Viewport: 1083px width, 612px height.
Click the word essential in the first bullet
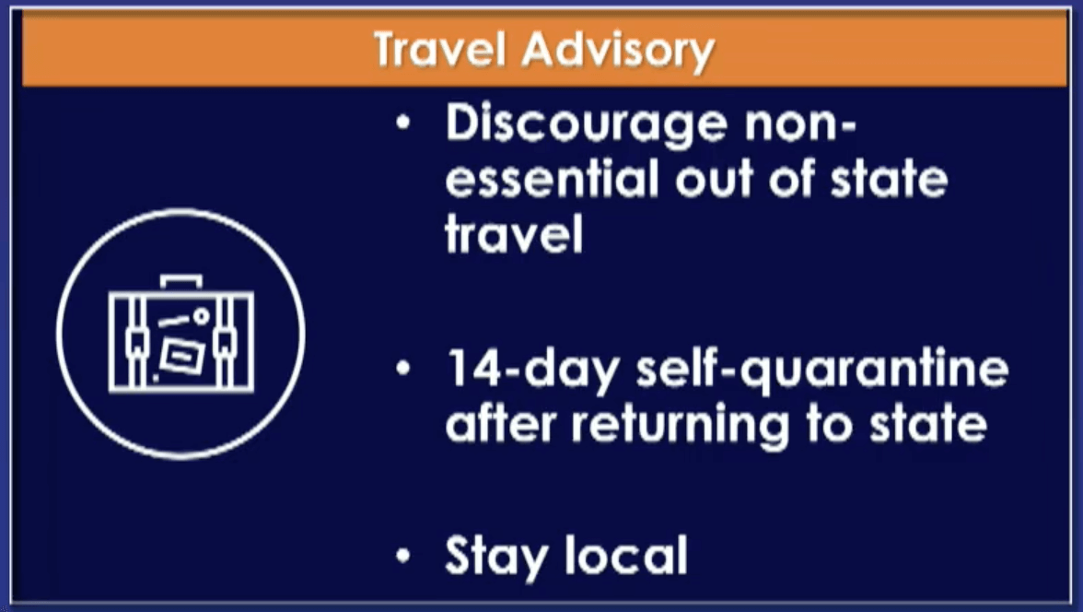553,178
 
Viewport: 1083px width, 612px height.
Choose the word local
626,554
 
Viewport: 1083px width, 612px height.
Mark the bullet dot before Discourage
403,124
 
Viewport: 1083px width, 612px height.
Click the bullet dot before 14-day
403,369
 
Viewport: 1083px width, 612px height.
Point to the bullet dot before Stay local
403,555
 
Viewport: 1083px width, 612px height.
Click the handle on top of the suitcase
180,282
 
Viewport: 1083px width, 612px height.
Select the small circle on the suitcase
201,316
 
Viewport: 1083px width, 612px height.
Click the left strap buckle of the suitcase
136,340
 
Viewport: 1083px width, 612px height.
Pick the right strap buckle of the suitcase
225,340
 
